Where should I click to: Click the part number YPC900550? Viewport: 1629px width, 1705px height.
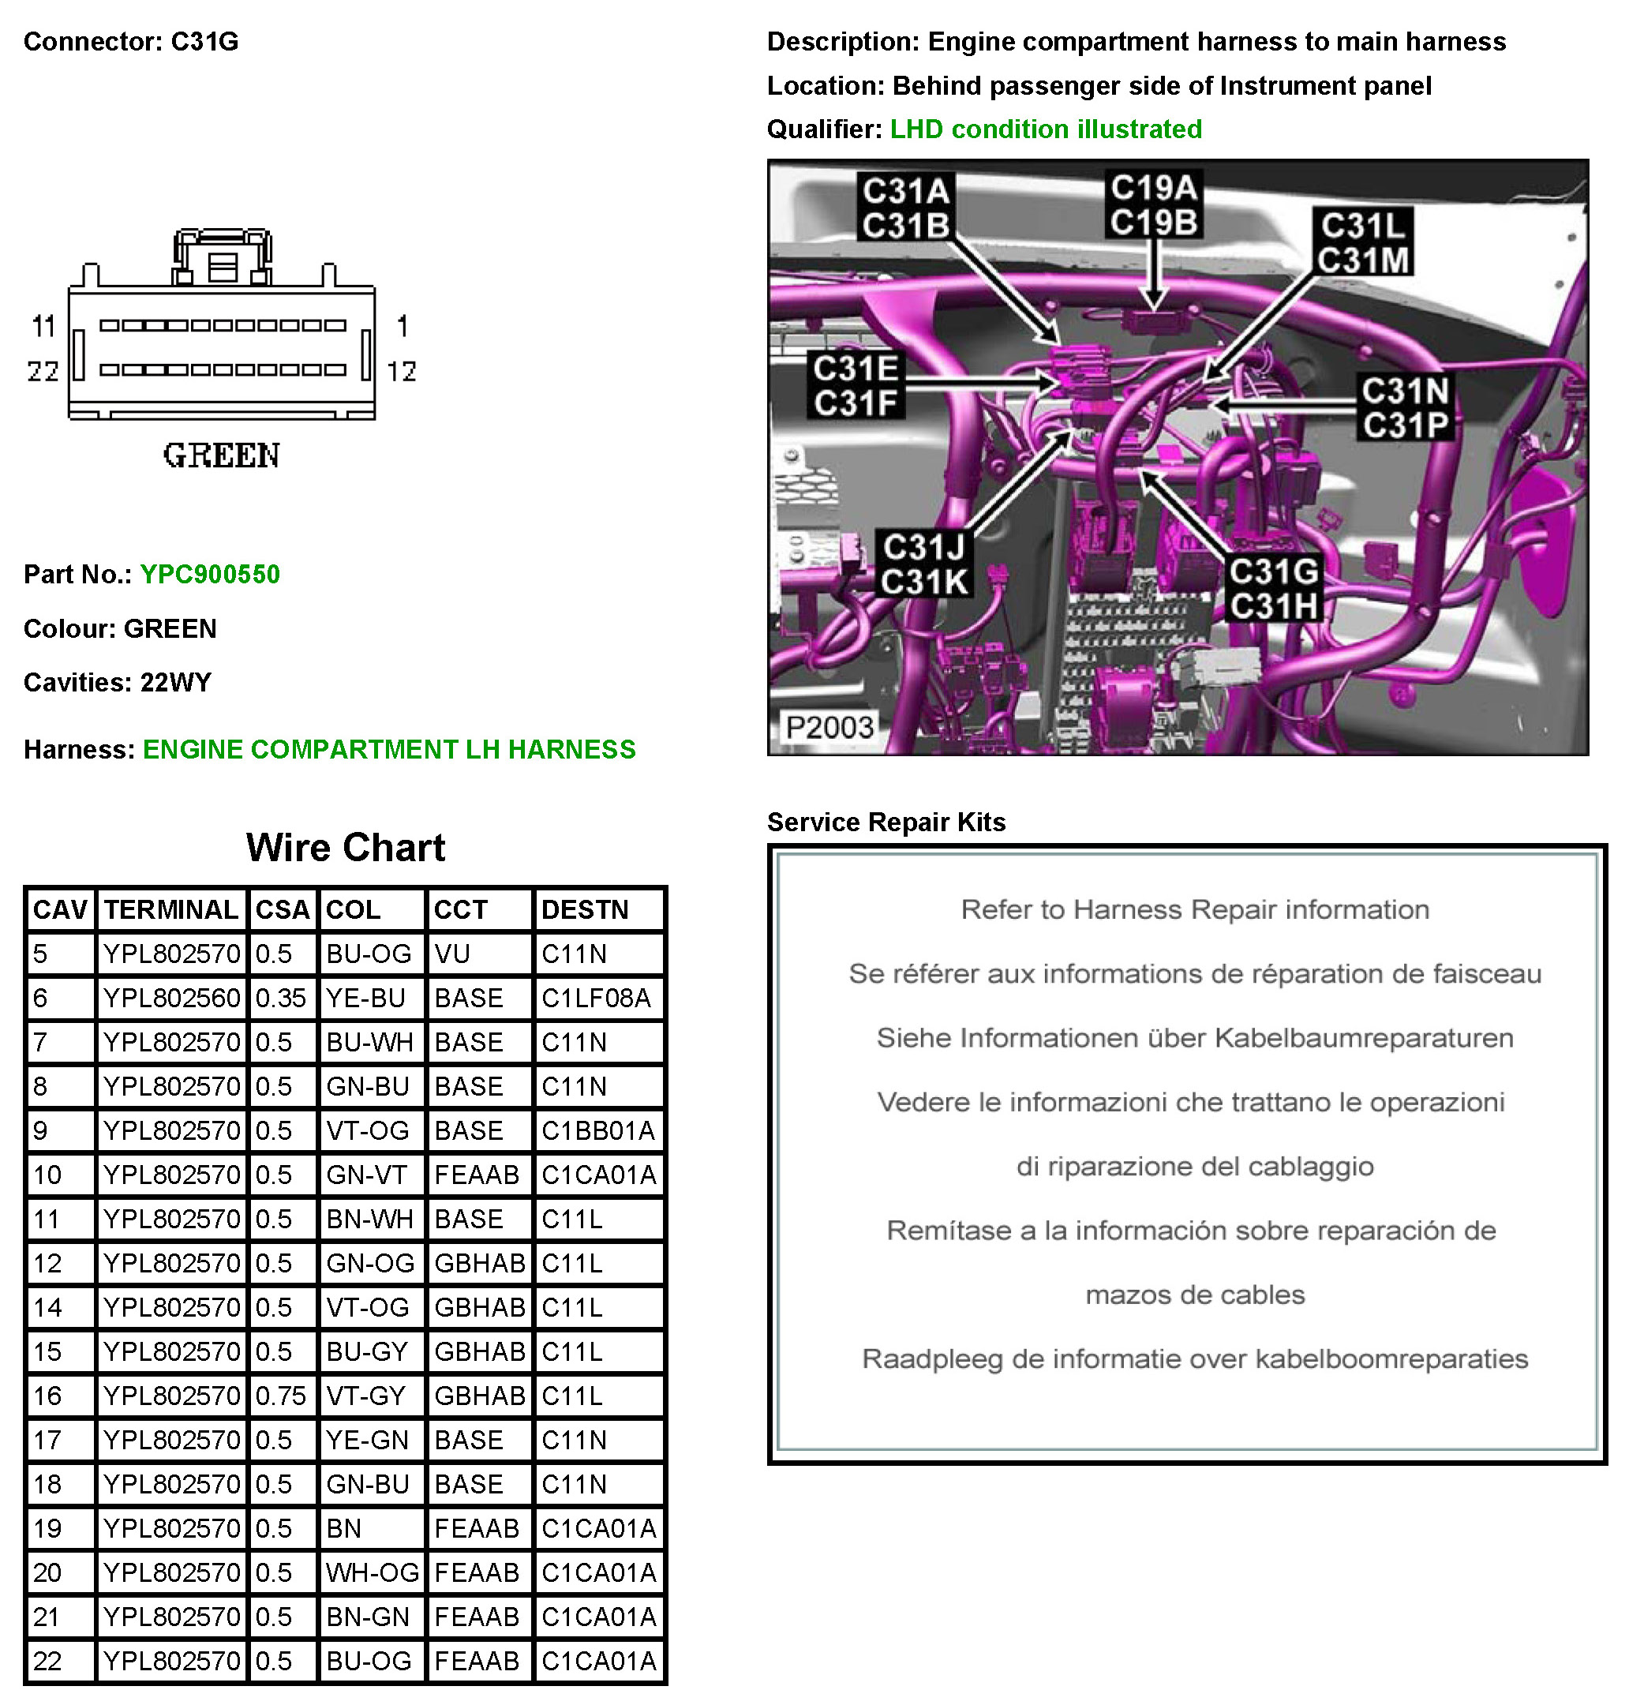(209, 574)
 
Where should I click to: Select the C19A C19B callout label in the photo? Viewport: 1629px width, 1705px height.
(1153, 205)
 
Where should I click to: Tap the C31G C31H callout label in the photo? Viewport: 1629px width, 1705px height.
(1273, 589)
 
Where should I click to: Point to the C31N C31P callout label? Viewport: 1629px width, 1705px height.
(1404, 408)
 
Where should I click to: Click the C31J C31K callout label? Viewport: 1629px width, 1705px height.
(924, 564)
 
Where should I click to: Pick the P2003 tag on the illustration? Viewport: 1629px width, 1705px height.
(829, 727)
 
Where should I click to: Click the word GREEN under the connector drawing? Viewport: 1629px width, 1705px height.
(222, 456)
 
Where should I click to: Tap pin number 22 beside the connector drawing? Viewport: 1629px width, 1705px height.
(43, 372)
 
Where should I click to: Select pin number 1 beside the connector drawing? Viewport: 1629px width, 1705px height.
(402, 327)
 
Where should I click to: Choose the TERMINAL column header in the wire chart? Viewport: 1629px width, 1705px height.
(171, 909)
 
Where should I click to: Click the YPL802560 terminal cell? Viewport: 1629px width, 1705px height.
(171, 998)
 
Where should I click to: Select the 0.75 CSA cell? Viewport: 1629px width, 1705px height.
(280, 1396)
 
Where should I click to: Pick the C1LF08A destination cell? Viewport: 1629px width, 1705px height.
(596, 998)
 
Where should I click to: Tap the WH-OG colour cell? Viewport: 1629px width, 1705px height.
(372, 1572)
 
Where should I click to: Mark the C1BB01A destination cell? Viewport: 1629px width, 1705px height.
(597, 1130)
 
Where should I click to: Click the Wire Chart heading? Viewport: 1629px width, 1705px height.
(346, 848)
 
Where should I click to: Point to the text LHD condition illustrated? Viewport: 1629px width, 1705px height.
(1046, 129)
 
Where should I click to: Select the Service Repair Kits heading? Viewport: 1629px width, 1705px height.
(886, 822)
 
